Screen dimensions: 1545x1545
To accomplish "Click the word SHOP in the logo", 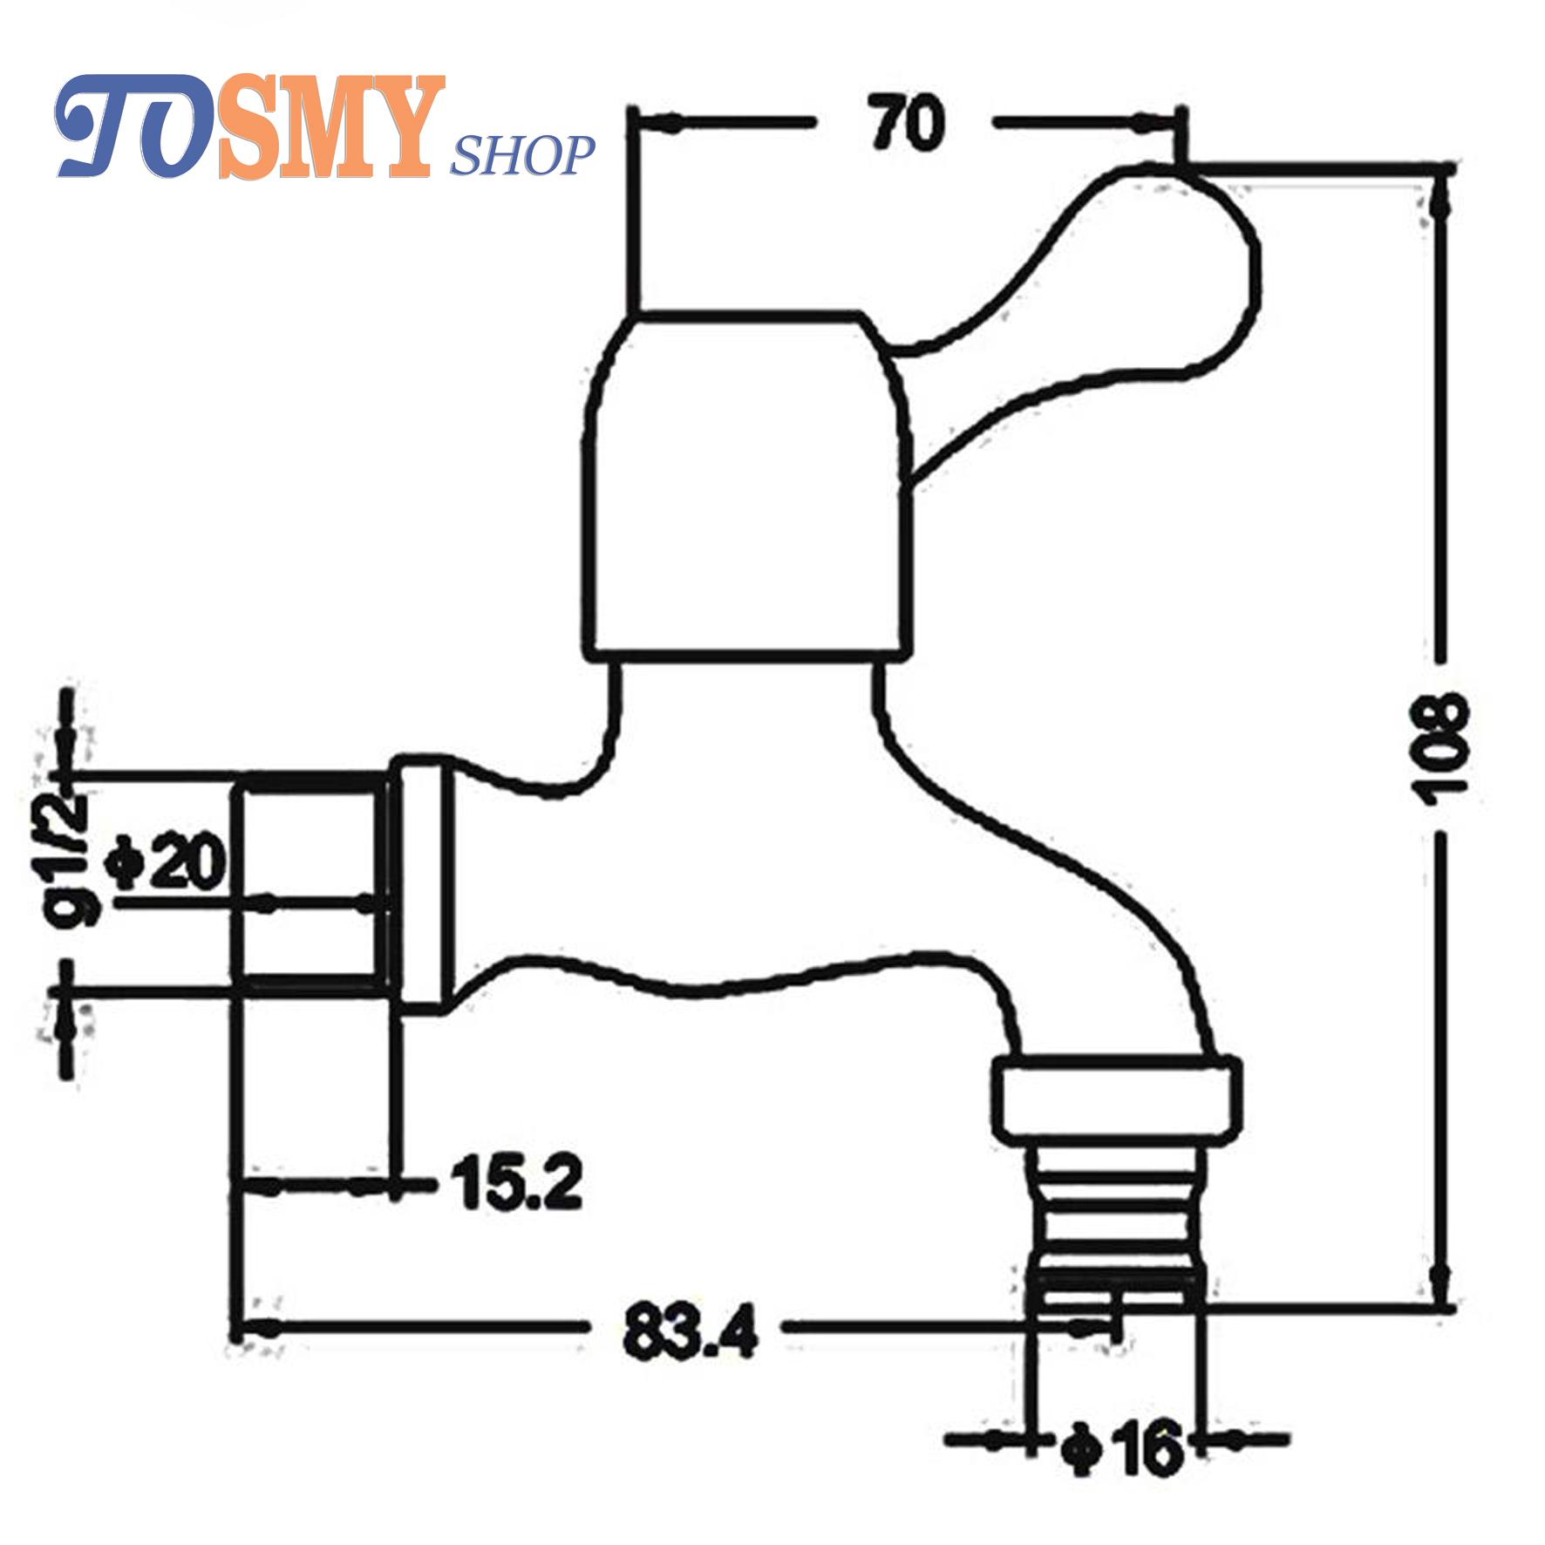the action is (522, 156).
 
